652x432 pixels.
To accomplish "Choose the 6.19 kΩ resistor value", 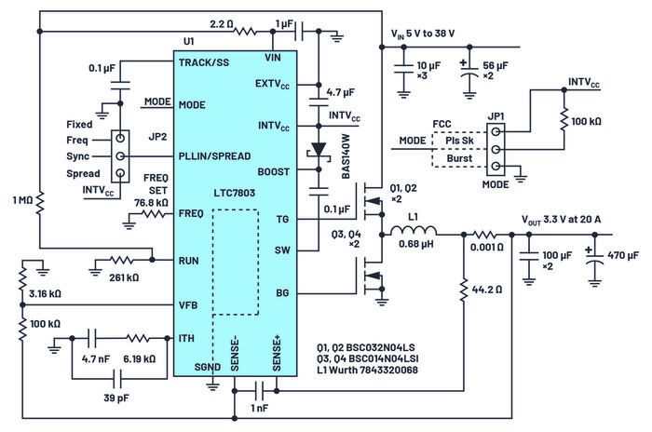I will (x=139, y=357).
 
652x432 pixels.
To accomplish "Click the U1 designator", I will (x=188, y=42).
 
